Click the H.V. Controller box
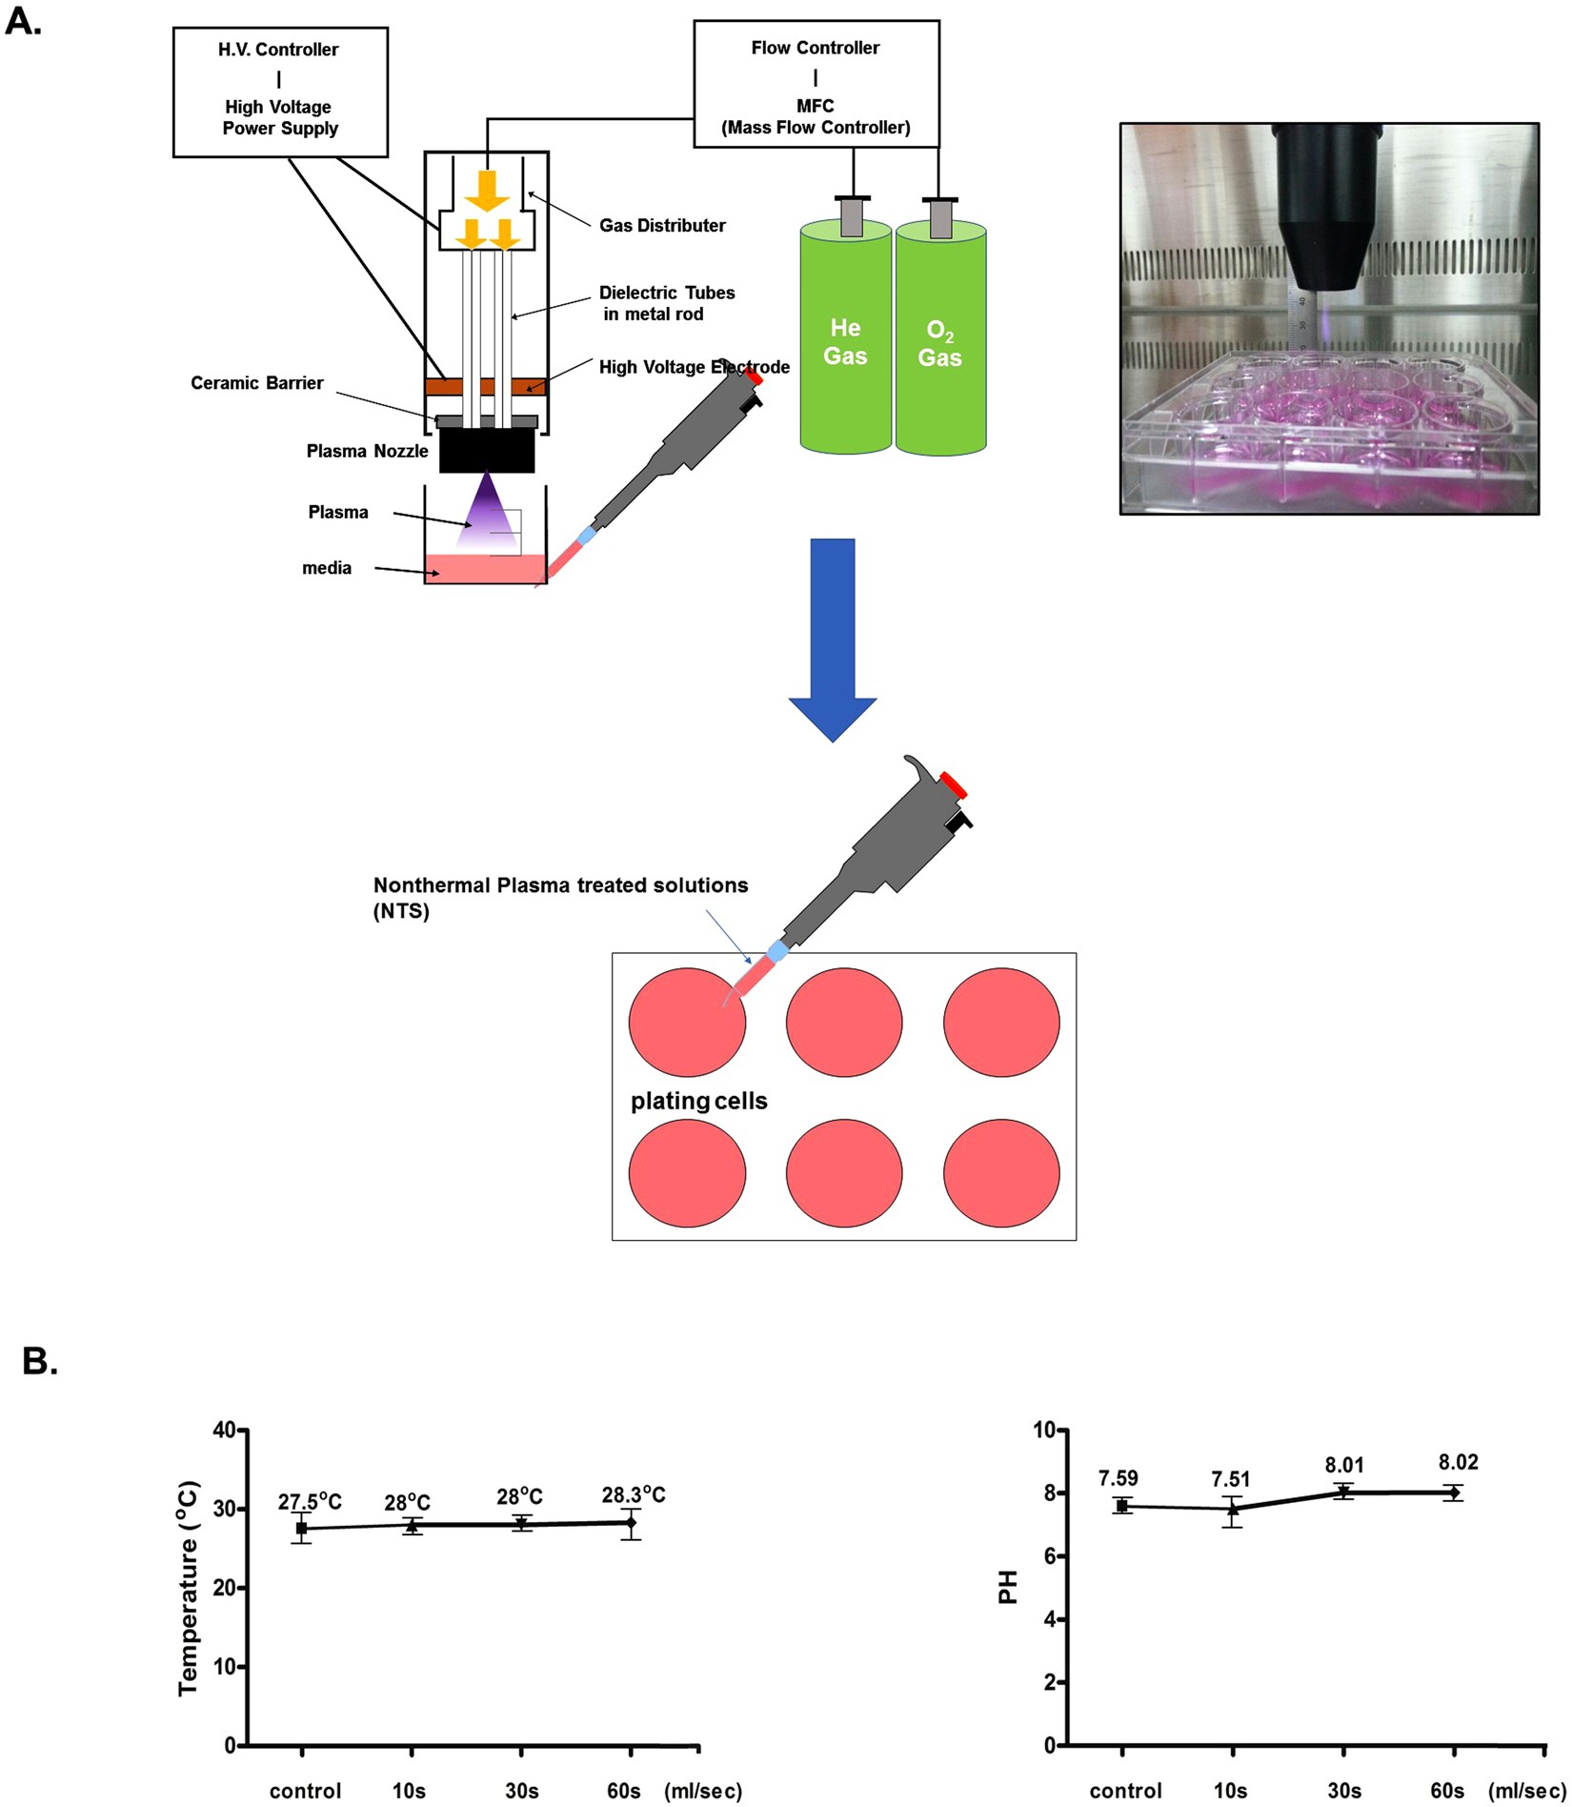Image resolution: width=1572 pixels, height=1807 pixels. tap(279, 91)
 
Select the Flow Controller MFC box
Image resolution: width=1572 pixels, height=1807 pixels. tap(816, 85)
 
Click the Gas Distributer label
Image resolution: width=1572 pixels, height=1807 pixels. tap(662, 226)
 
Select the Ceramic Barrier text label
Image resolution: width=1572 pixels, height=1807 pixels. tap(257, 383)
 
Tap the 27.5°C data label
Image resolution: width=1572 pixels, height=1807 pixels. tap(310, 1502)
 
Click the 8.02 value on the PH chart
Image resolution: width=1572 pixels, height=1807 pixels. tap(1458, 1462)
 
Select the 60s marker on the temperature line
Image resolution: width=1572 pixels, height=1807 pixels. tap(631, 1522)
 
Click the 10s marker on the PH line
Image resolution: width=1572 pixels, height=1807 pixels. tap(1233, 1509)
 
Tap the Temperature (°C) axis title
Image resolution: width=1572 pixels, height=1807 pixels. tap(188, 1588)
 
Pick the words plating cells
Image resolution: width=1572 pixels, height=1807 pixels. tap(698, 1101)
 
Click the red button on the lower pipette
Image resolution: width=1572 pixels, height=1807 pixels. tap(954, 786)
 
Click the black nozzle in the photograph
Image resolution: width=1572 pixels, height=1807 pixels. tap(1325, 210)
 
